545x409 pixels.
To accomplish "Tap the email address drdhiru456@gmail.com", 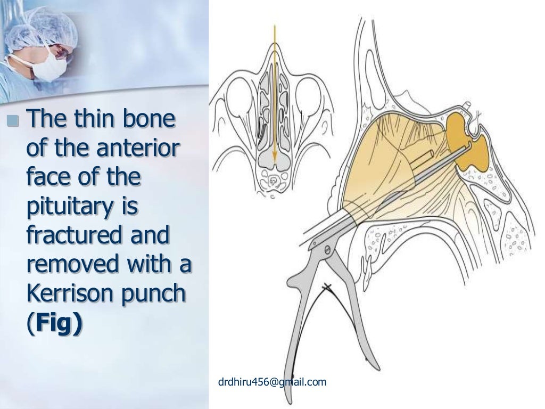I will click(x=272, y=381).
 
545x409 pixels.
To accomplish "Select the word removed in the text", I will click(x=69, y=266).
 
